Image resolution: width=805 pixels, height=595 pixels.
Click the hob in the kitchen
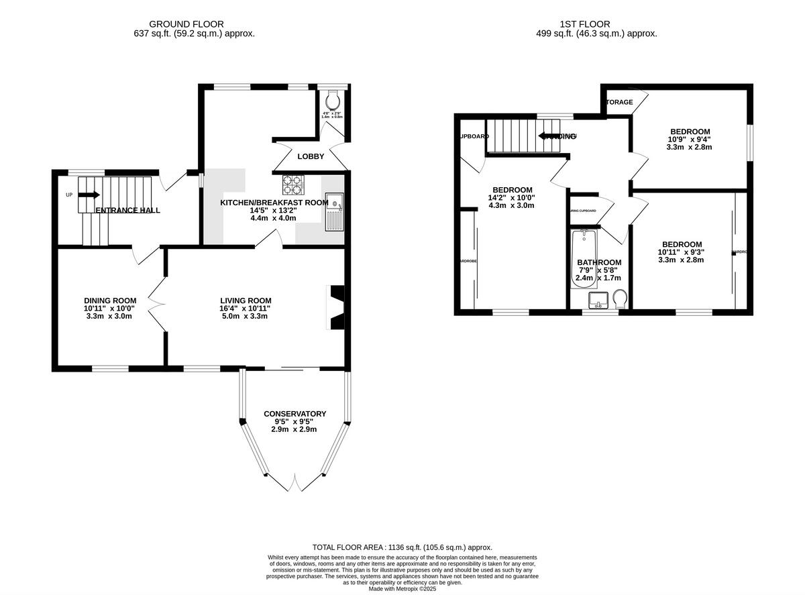click(x=292, y=183)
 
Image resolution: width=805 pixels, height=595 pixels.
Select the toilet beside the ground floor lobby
click(x=333, y=101)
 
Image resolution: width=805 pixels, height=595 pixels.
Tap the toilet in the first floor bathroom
click(x=621, y=298)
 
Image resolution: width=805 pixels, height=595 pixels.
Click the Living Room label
click(x=246, y=301)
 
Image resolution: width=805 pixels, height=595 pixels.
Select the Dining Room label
click(x=110, y=301)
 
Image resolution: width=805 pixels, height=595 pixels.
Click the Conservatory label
click(x=294, y=414)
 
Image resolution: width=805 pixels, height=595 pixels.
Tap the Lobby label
click(x=311, y=156)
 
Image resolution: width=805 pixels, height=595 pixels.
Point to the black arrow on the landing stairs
click(x=549, y=136)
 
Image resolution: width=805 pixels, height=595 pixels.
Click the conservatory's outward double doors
click(x=294, y=480)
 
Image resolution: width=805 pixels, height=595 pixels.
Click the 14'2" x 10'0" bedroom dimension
click(x=512, y=198)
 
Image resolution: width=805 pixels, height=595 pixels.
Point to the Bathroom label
click(x=598, y=262)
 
